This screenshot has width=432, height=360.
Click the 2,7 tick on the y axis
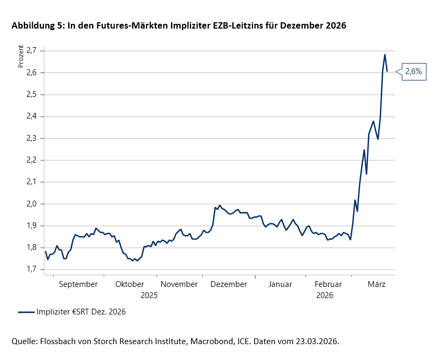pos(32,50)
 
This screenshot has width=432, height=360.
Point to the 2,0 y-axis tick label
pos(32,204)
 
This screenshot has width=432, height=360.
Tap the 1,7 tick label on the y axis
pos(32,269)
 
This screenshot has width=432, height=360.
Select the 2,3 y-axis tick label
pos(32,138)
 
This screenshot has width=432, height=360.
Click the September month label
pos(78,284)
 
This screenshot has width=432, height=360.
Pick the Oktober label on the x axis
pos(129,284)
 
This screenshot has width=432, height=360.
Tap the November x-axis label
pos(179,284)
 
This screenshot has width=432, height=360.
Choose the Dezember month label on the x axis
pos(229,284)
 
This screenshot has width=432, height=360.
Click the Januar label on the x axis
pos(280,284)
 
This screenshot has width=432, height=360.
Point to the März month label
pos(376,284)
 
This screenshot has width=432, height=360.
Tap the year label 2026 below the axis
pos(324,295)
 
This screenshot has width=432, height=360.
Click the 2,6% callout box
pos(413,71)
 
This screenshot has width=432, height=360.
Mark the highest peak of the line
pos(385,55)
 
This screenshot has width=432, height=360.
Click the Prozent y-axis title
pos(21,57)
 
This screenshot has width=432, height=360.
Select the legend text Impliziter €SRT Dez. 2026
pos(81,312)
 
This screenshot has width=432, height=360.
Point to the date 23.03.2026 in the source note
pos(314,341)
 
